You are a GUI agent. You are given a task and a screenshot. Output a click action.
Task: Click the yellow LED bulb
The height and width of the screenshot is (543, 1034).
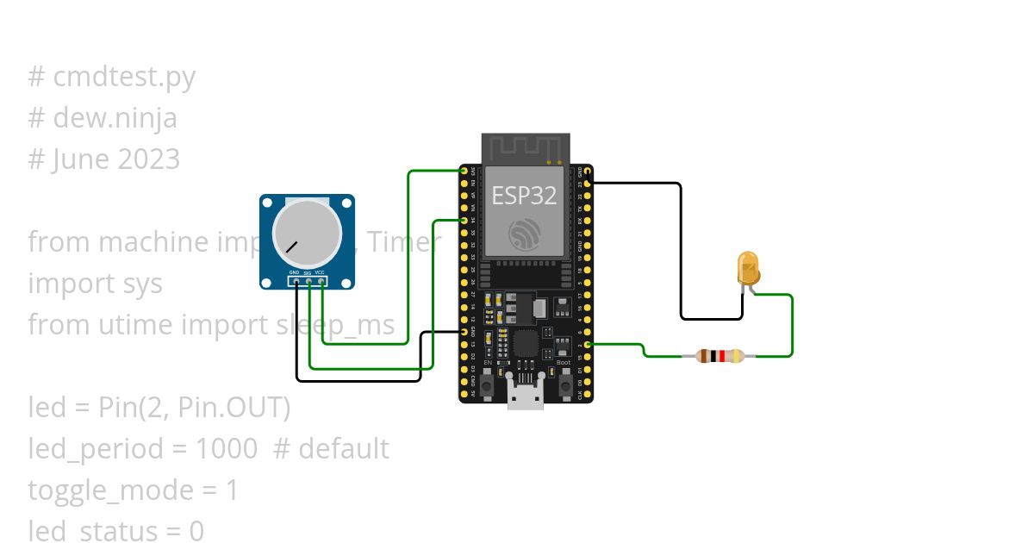coord(749,267)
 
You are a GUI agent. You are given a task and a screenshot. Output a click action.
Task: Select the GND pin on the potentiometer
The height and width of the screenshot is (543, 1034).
coord(295,280)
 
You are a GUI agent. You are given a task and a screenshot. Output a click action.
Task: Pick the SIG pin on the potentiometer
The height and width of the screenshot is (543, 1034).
coord(308,280)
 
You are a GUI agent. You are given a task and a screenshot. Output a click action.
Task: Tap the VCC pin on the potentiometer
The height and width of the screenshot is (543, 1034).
coord(321,280)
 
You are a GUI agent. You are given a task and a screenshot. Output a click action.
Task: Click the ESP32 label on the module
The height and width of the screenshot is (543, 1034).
coord(524,196)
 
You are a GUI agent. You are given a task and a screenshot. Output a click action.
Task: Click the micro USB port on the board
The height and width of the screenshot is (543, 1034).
coord(525,397)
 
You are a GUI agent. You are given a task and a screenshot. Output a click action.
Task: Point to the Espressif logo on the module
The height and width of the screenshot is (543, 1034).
coord(525,234)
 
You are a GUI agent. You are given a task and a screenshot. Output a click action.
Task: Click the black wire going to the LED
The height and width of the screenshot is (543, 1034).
coord(681,250)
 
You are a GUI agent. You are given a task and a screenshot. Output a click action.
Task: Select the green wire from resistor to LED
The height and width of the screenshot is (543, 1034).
coord(791,328)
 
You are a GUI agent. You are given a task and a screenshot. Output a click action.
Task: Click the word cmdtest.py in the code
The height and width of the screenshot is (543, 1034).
coord(124,77)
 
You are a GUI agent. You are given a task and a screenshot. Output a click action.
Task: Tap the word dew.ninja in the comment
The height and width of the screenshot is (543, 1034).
coord(115,118)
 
